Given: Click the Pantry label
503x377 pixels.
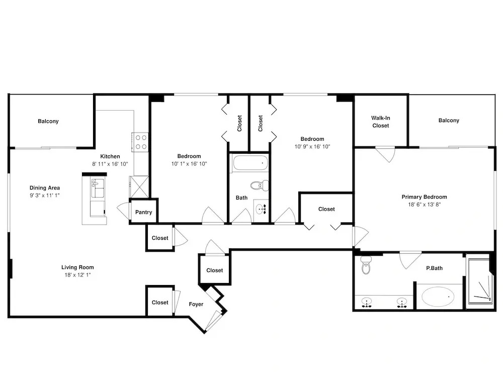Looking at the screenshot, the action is click(143, 212).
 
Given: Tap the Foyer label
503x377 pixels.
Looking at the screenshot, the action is click(196, 304).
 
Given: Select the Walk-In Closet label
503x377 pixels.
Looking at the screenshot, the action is click(381, 122).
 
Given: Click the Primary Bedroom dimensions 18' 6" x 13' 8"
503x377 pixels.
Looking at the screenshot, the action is click(425, 205).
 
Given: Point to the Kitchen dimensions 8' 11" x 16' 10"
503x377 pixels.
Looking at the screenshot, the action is click(110, 164).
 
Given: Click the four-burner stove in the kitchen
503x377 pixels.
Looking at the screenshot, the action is click(140, 142).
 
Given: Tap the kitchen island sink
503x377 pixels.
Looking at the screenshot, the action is click(98, 188).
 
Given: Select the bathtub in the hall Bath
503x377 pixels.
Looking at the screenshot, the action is click(250, 163).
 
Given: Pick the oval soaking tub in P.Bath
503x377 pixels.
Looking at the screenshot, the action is click(438, 297).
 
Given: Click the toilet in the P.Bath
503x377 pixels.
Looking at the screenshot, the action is click(366, 265).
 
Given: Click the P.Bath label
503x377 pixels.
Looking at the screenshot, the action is click(435, 268).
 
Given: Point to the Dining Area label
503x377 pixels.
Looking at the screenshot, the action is click(45, 188).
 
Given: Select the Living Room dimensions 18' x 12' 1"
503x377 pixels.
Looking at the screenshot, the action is click(77, 275).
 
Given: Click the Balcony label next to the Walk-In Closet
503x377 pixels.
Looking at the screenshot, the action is click(449, 121).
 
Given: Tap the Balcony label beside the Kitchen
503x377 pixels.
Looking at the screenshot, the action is click(48, 121).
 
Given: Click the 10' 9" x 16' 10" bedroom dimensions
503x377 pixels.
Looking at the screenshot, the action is click(312, 146).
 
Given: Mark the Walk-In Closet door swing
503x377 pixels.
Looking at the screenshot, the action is click(386, 154).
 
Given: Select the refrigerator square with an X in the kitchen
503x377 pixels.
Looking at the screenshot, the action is click(139, 186).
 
